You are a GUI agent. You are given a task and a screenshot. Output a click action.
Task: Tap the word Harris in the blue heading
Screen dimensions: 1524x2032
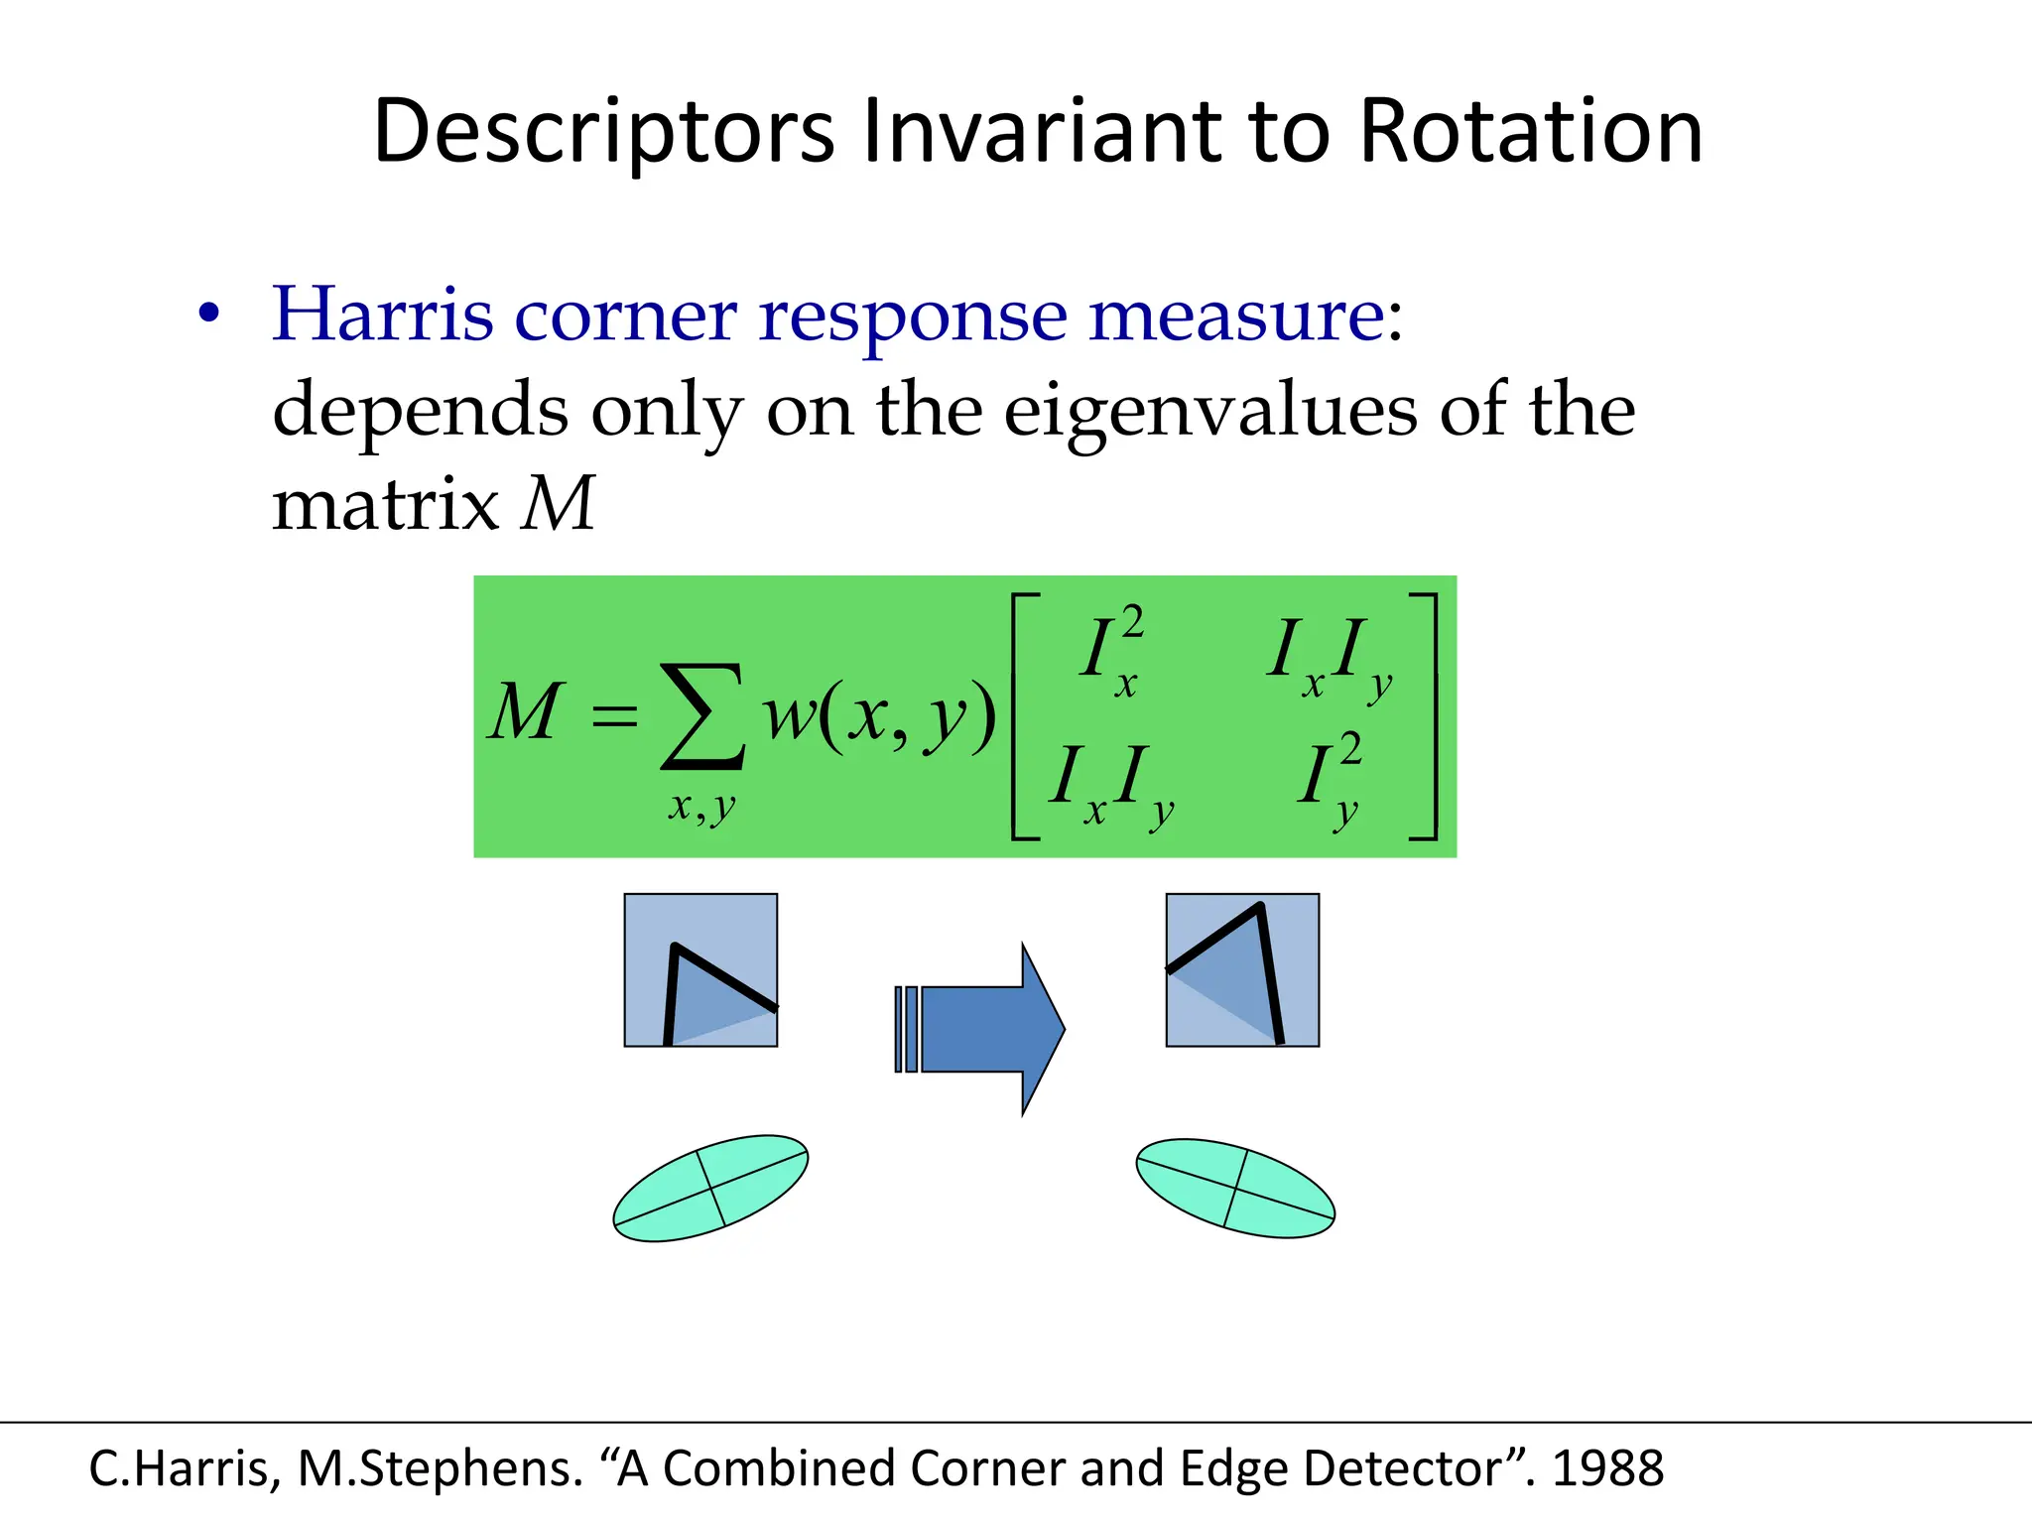point(383,315)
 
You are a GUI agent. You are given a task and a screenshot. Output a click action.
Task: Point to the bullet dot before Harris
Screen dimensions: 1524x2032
point(208,315)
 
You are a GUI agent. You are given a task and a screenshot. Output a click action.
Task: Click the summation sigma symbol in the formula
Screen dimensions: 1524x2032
point(702,716)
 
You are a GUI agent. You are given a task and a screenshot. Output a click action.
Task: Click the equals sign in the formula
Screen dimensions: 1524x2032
point(614,715)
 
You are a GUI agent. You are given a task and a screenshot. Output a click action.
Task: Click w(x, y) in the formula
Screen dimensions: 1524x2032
point(879,714)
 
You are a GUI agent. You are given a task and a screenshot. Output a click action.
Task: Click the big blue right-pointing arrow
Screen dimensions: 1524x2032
point(982,1029)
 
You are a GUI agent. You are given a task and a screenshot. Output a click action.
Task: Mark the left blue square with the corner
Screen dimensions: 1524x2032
point(700,970)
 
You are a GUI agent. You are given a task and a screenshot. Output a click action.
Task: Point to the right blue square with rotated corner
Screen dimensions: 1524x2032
point(1242,970)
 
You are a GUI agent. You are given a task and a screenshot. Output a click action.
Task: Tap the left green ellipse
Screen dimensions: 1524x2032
point(710,1188)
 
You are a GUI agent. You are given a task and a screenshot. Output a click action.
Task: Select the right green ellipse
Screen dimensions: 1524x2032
point(1235,1188)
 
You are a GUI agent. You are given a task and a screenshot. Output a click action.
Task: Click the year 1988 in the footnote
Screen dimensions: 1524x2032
point(1607,1468)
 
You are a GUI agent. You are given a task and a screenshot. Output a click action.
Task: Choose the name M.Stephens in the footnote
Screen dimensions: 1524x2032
point(441,1468)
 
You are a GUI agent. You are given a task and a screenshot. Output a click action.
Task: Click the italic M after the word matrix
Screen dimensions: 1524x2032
point(558,505)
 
